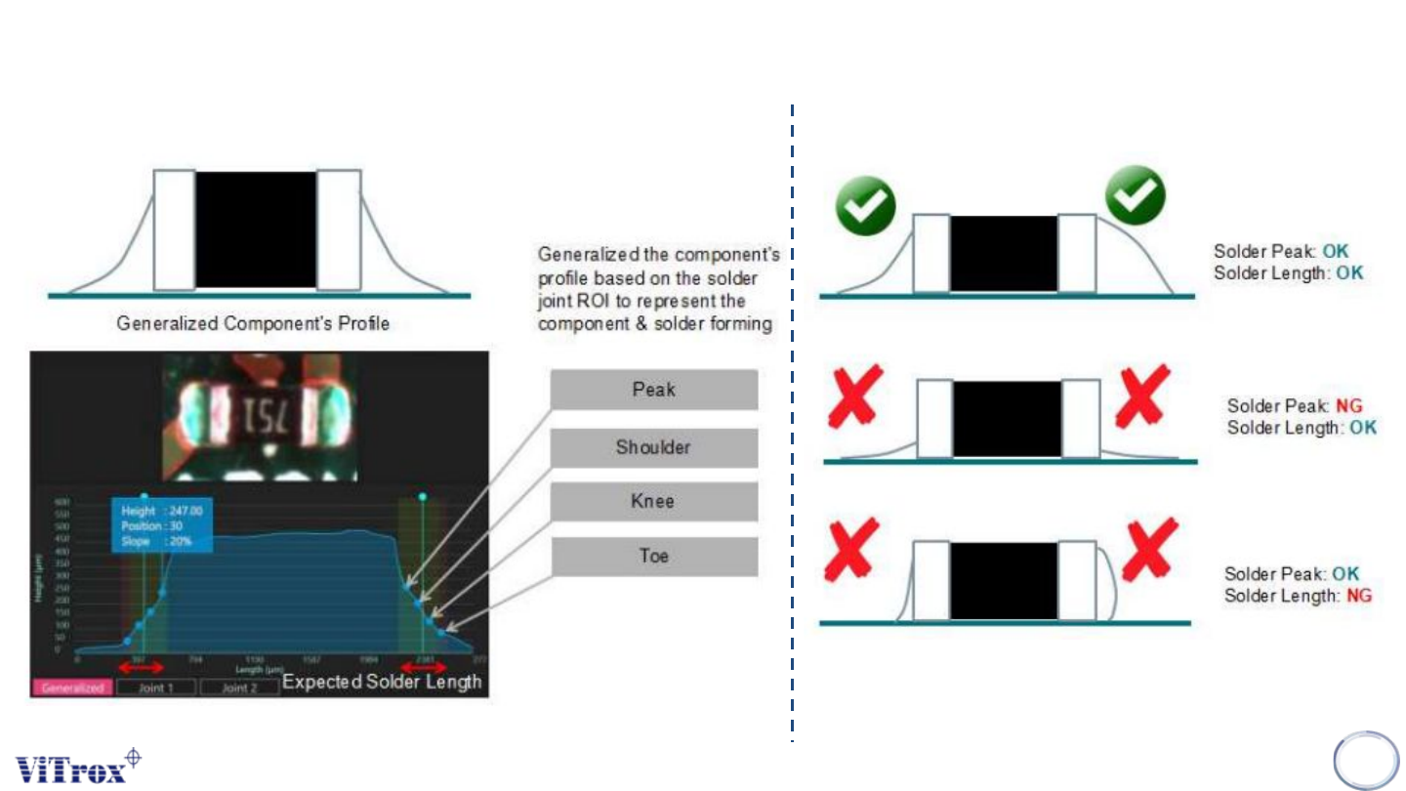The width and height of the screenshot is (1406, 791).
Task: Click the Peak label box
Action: tap(653, 390)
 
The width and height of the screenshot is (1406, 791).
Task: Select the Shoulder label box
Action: tap(653, 447)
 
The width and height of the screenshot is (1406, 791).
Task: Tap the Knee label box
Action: tap(653, 502)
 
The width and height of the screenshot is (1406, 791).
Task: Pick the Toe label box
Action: tap(653, 557)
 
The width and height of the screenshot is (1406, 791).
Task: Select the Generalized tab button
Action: tap(72, 687)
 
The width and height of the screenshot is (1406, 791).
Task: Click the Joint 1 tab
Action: tap(155, 687)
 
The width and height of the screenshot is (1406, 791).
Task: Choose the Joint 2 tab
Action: tap(239, 687)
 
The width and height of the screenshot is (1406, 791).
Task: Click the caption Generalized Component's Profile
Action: tap(253, 322)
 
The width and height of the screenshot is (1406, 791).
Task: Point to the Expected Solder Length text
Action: tap(382, 682)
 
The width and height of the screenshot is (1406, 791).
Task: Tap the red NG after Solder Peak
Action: tap(1349, 405)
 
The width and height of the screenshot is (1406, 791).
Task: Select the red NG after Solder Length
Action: tap(1358, 595)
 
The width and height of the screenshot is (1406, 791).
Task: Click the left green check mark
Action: tap(865, 204)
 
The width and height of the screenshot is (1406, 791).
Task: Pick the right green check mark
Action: tap(1135, 195)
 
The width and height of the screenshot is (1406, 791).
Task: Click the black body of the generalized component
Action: tap(256, 230)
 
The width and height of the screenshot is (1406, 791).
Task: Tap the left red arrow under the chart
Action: tap(140, 666)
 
